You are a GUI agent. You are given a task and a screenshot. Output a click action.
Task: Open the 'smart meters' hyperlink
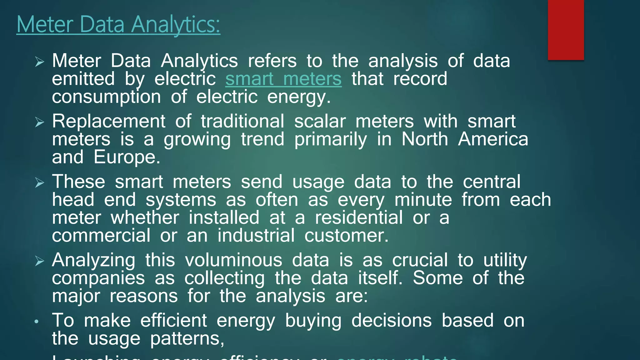(x=283, y=79)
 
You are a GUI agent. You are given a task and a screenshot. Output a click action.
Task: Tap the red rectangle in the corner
(x=566, y=30)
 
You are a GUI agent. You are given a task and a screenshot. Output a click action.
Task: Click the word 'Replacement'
(x=108, y=121)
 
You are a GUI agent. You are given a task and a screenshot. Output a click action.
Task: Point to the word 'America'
(x=493, y=139)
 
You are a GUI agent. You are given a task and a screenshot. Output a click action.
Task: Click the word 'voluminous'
(x=233, y=260)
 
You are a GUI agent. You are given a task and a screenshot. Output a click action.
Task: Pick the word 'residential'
(x=358, y=217)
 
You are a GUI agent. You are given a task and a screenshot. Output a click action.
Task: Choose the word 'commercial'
(x=101, y=235)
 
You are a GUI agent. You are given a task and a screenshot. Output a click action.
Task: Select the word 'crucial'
(x=420, y=260)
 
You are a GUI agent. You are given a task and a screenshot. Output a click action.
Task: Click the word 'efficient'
(x=173, y=321)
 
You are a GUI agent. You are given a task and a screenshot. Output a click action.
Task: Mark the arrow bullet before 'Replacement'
(x=40, y=122)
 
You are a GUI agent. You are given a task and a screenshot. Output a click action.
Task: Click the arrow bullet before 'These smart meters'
(x=40, y=182)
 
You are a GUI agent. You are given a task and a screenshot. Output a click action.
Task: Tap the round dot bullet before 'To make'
(x=37, y=321)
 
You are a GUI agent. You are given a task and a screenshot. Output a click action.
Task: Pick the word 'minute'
(x=423, y=200)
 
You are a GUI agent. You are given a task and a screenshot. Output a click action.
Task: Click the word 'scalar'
(x=320, y=121)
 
